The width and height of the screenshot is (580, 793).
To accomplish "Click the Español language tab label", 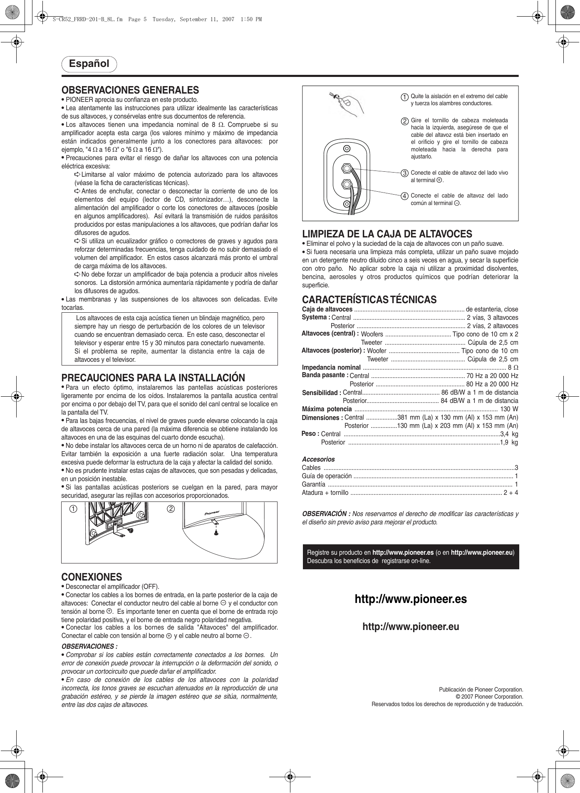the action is (89, 64).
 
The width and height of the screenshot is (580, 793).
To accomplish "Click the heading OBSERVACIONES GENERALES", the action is (130, 90).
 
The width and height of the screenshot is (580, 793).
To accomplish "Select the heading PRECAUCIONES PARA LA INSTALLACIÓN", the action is (153, 378).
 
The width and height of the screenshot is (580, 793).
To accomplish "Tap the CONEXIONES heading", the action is (92, 577).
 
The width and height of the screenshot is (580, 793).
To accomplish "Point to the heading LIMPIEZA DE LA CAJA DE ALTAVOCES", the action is (387, 234).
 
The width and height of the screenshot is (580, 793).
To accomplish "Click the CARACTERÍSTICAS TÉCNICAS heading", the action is (369, 299).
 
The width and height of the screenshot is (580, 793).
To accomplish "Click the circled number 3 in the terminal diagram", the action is (404, 173).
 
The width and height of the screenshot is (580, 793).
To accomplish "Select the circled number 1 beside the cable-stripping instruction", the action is (404, 97).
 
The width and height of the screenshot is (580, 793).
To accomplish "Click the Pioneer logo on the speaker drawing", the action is (212, 513).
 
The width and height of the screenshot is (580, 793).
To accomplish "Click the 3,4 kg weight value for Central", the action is (509, 434).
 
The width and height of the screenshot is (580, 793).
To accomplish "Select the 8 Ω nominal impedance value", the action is (513, 368).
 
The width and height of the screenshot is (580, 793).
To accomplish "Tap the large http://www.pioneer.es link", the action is (411, 599).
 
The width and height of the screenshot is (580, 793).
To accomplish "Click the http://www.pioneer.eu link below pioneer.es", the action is (411, 627).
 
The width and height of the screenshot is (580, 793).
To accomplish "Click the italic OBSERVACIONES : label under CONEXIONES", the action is (89, 646).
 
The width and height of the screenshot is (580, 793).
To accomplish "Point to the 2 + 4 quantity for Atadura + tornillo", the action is (511, 493).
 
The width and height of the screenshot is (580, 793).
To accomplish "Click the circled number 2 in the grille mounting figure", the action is (171, 509).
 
